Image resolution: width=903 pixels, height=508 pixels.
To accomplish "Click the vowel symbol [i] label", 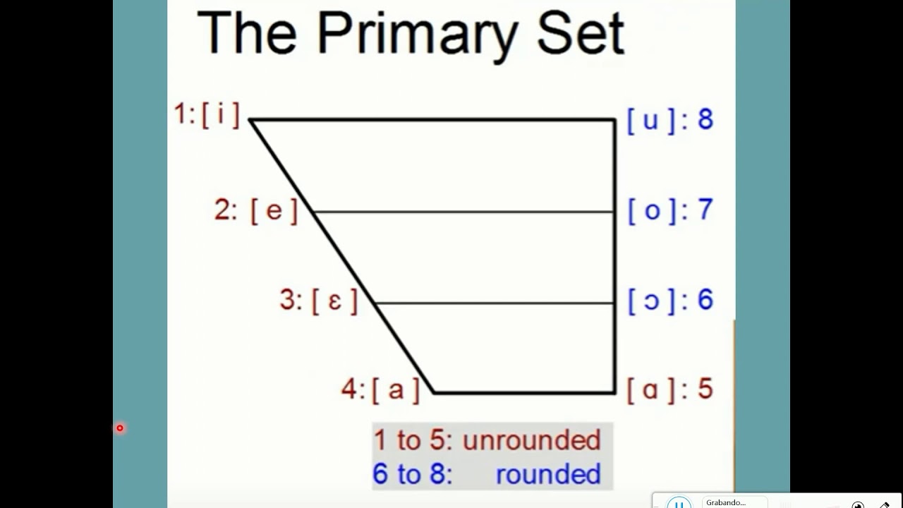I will tap(220, 115).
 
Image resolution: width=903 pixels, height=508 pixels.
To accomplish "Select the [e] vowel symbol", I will tap(274, 211).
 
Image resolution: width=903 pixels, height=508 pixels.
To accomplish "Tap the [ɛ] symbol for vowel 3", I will tap(334, 301).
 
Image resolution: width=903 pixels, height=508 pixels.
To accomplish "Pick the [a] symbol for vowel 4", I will tap(395, 389).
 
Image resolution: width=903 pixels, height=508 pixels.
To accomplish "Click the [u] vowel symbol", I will tap(650, 120).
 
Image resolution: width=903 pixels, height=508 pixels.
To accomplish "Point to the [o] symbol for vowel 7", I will tap(652, 210).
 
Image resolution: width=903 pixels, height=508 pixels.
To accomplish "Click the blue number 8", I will tap(705, 119).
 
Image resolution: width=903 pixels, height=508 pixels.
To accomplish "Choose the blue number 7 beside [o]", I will tap(705, 210).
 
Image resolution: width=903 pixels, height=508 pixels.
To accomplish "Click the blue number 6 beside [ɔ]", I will tap(705, 300).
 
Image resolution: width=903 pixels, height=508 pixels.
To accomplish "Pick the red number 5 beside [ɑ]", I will tap(705, 389).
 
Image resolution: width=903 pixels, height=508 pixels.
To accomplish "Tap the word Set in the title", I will tap(581, 34).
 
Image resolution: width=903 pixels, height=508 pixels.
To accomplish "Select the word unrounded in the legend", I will tap(531, 440).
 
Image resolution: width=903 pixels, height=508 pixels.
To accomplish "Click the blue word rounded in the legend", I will tap(548, 474).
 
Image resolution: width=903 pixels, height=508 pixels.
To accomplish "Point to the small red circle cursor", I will tap(120, 428).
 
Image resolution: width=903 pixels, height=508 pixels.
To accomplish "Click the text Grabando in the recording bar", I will tap(725, 502).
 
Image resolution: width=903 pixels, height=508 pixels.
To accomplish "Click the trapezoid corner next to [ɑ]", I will tap(614, 392).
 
